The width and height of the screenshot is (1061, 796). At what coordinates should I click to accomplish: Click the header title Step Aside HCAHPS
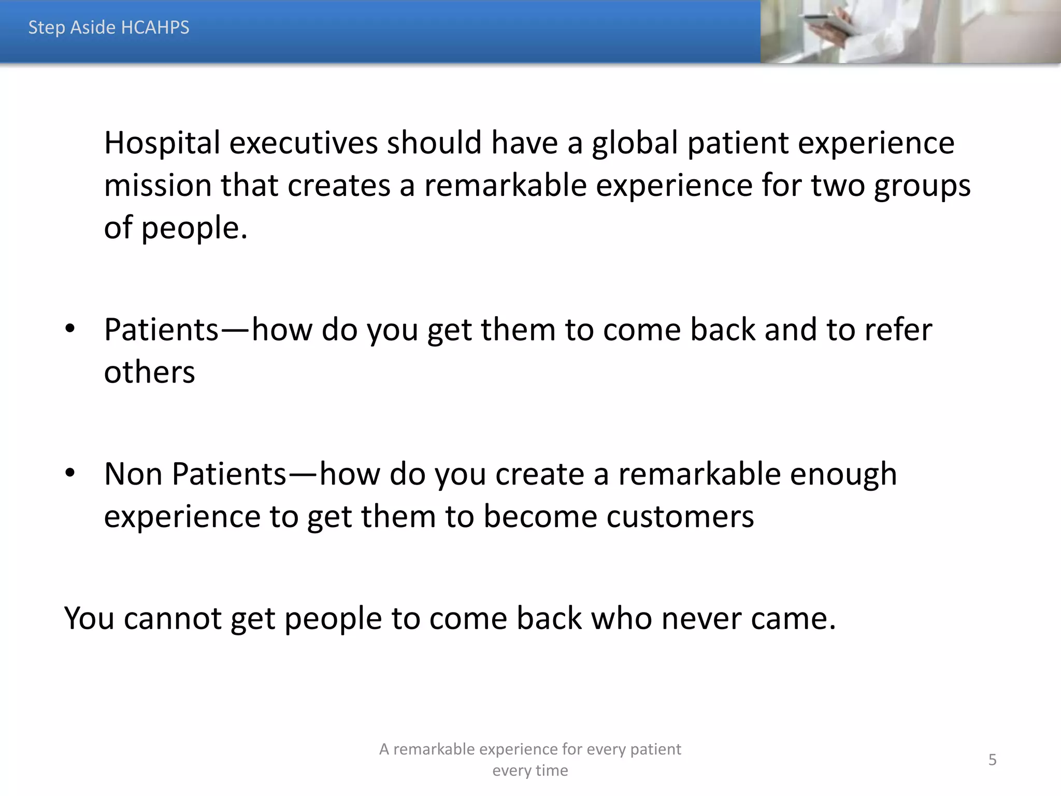[x=109, y=27]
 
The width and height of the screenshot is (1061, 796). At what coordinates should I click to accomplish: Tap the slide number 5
[x=992, y=760]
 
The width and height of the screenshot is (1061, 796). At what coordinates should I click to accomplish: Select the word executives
[x=303, y=143]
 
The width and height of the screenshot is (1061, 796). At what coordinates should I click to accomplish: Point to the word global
[x=635, y=143]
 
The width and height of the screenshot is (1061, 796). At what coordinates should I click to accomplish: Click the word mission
[x=157, y=186]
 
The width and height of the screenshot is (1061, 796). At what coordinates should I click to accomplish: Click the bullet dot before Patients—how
[x=70, y=330]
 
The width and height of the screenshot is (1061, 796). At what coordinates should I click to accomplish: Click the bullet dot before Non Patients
[x=70, y=474]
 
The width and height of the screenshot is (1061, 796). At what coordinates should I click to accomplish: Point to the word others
[x=149, y=372]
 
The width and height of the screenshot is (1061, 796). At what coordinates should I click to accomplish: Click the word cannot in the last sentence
[x=173, y=618]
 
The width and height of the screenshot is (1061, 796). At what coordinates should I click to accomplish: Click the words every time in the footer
[x=530, y=771]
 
